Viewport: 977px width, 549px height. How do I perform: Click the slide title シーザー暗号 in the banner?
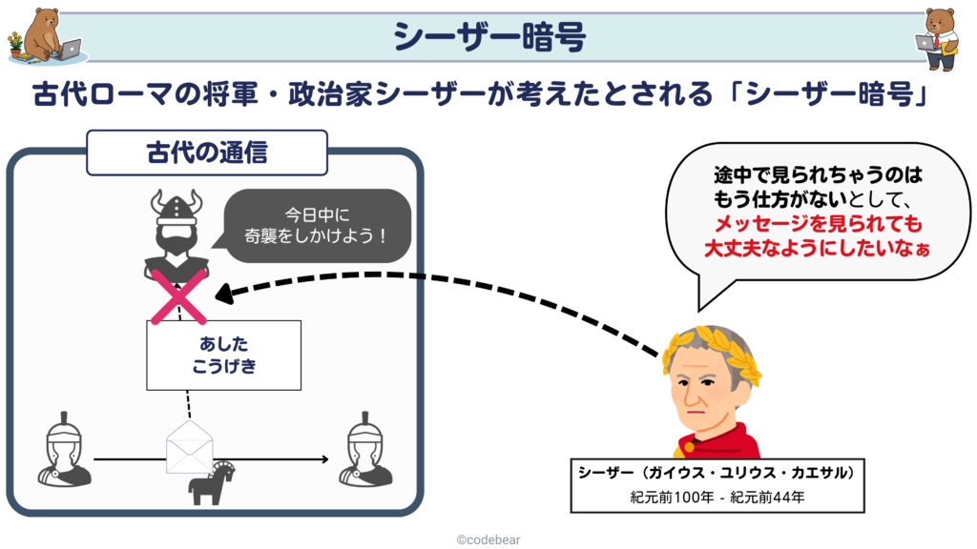coord(489,36)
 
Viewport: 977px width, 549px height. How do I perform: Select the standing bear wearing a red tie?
coord(939,38)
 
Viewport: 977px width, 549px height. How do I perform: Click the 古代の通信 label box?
coord(207,152)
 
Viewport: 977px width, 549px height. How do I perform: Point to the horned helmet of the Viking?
coord(177,206)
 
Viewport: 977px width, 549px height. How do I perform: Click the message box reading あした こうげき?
coord(223,356)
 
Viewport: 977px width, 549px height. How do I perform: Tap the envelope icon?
coord(190,447)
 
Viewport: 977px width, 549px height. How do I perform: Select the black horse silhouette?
coord(211,483)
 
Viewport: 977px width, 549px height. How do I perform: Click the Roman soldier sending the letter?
coord(64,450)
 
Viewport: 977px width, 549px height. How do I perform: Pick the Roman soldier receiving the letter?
coord(365,450)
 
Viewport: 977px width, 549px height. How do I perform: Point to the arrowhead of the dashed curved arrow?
coord(222,294)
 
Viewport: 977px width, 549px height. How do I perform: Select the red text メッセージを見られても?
coord(818,223)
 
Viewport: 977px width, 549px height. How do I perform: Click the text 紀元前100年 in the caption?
coord(672,498)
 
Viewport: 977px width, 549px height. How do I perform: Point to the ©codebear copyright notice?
coord(488,539)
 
